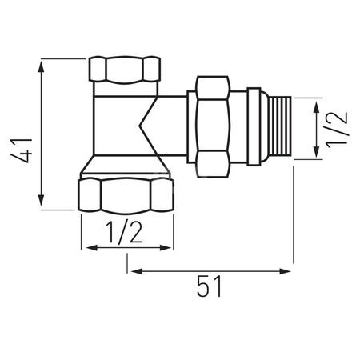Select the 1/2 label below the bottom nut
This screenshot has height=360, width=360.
[126, 232]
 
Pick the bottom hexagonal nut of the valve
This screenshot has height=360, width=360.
[126, 194]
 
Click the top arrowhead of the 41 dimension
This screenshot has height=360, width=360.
[39, 63]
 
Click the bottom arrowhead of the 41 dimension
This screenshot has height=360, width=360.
[39, 205]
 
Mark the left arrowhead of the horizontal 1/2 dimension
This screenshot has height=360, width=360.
[86, 247]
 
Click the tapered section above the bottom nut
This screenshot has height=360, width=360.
[126, 166]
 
